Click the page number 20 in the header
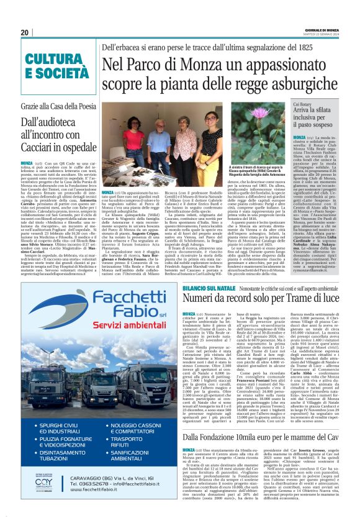pos(25,33)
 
